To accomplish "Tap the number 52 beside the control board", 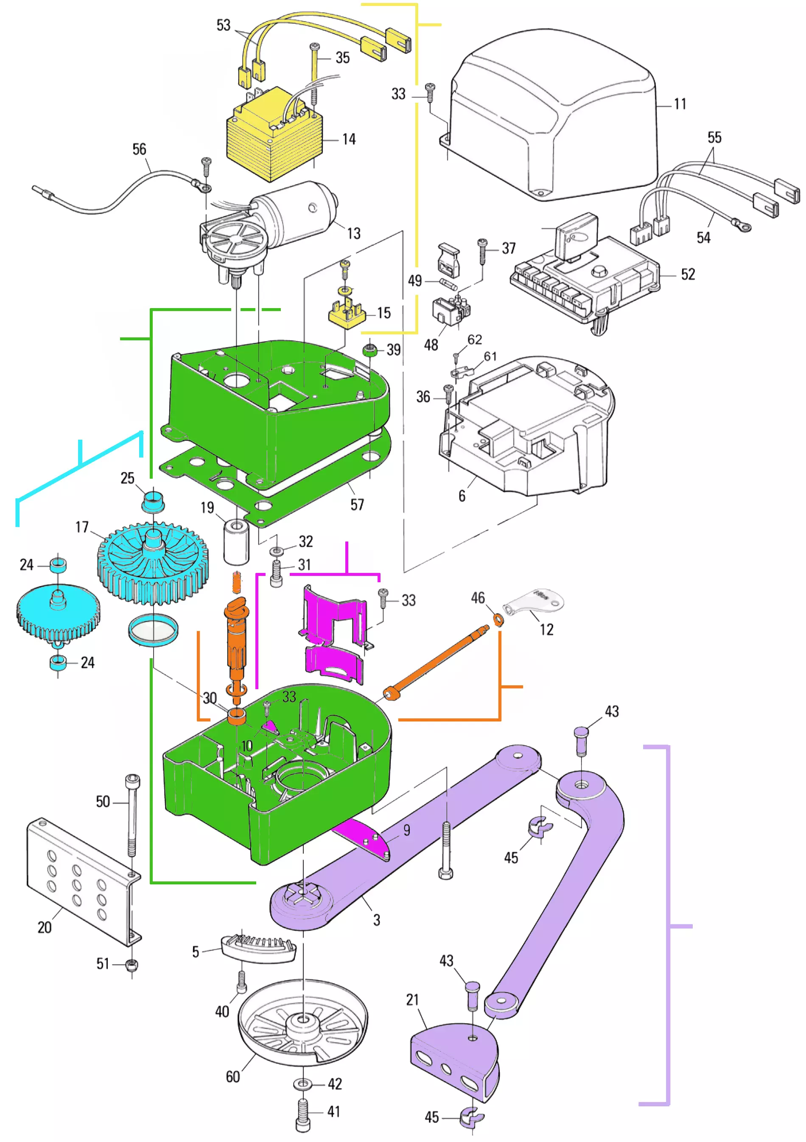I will [x=688, y=275].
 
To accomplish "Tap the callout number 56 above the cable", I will [x=139, y=149].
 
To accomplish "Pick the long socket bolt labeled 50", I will [x=132, y=816].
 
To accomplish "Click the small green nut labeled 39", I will [x=369, y=350].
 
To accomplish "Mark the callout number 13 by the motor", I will [x=353, y=233].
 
